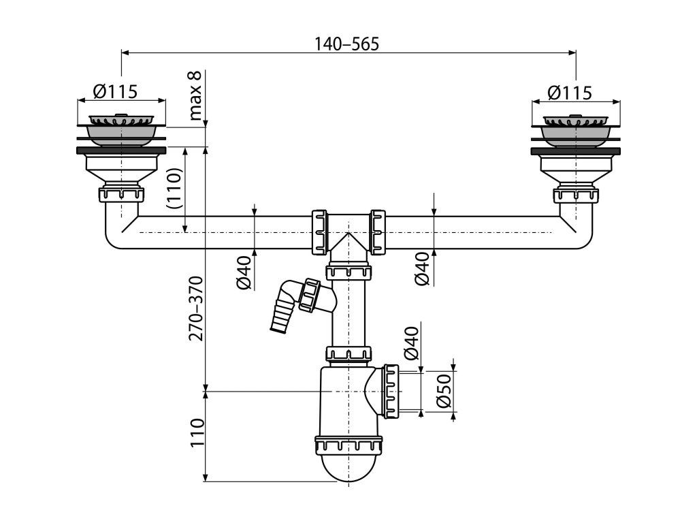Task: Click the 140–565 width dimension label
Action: pyautogui.click(x=346, y=44)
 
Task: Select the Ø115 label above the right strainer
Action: pyautogui.click(x=569, y=92)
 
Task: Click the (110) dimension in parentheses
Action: pyautogui.click(x=174, y=189)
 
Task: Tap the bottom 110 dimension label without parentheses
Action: pyautogui.click(x=196, y=432)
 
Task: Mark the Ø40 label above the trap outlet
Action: pyautogui.click(x=410, y=344)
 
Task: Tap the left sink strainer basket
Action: pyautogui.click(x=121, y=128)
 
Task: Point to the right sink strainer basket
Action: pyautogui.click(x=575, y=128)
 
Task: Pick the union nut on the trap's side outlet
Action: pyautogui.click(x=391, y=391)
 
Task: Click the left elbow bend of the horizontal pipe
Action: pyautogui.click(x=118, y=236)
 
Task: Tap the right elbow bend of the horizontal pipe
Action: pyautogui.click(x=580, y=236)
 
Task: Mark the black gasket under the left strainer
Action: pyautogui.click(x=121, y=149)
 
